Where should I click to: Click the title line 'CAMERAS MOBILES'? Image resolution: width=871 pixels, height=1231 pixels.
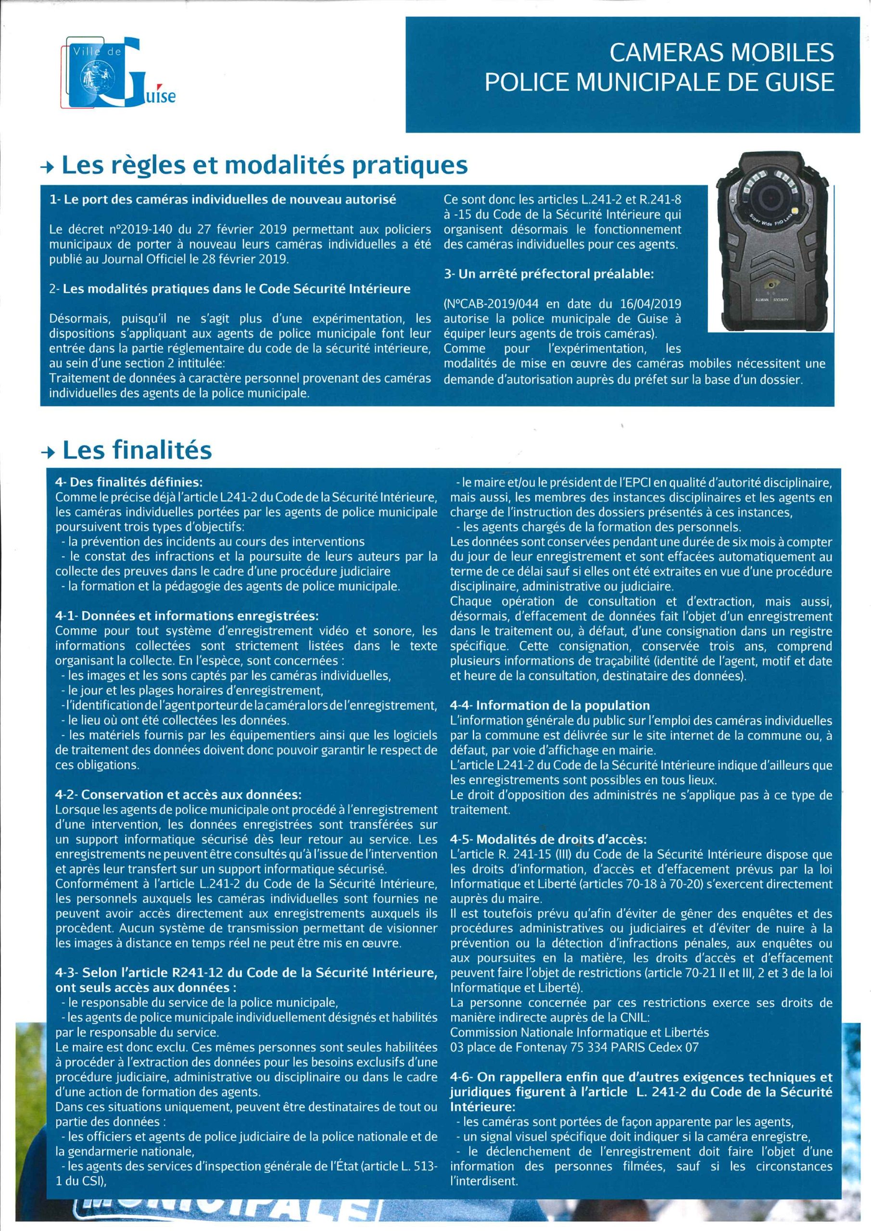tap(722, 52)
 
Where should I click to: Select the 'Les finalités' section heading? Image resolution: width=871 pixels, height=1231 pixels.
tap(137, 451)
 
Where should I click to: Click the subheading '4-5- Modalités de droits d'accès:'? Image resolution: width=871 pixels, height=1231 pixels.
tap(548, 839)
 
